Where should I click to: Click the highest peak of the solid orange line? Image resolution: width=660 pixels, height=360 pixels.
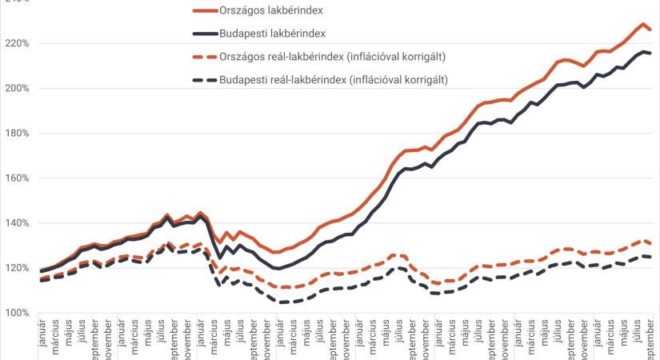(x=643, y=24)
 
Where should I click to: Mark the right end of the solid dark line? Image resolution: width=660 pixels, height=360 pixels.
(x=650, y=53)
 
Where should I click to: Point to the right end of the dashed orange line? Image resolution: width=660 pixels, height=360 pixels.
(x=650, y=243)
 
